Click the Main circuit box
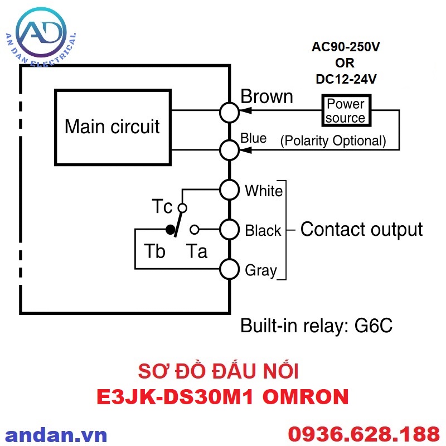tap(112, 127)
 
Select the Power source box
tap(345, 110)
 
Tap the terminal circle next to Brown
tap(229, 112)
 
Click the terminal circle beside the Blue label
tap(229, 149)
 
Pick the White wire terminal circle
tap(229, 190)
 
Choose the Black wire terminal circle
tap(229, 229)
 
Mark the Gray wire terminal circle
tap(229, 269)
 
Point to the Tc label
tap(162, 207)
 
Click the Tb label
tap(154, 251)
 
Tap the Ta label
tap(196, 251)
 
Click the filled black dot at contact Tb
tap(169, 229)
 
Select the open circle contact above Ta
tap(194, 229)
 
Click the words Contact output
tap(361, 229)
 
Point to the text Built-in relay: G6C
tap(316, 326)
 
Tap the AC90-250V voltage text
tap(346, 47)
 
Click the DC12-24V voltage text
tap(346, 79)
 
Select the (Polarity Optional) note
tap(333, 140)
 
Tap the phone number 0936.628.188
tap(363, 434)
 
